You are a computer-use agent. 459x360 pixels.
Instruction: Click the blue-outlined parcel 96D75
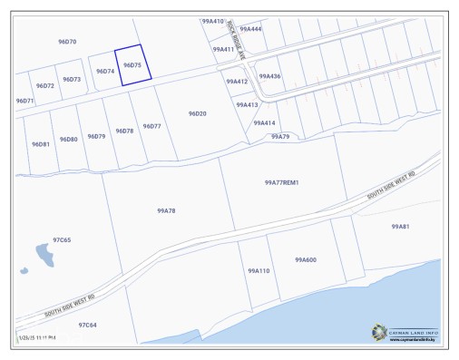pos(133,65)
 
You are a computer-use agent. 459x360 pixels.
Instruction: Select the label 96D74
pos(104,71)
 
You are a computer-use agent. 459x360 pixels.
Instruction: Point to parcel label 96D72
pos(45,86)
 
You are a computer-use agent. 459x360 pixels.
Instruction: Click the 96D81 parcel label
pos(40,144)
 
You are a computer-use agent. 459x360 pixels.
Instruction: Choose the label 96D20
pos(198,113)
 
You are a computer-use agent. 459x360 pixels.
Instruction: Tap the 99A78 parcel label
pos(166,210)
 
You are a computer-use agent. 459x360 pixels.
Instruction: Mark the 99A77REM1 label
pos(281,182)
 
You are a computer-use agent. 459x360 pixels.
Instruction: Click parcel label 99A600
pos(305,260)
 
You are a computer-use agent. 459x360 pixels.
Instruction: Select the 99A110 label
pos(259,270)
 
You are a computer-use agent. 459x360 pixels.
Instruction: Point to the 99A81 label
pos(400,227)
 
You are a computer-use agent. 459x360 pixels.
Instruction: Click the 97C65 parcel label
pos(62,240)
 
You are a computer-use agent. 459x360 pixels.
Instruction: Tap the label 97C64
pos(87,325)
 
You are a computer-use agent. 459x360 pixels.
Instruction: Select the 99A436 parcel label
pos(269,76)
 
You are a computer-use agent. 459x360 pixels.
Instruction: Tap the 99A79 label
pos(280,136)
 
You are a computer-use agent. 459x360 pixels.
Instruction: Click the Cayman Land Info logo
pos(404,333)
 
